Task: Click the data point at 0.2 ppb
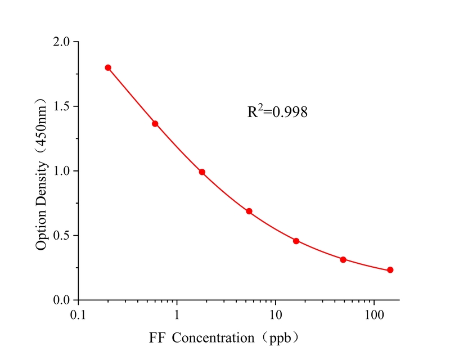tap(108, 67)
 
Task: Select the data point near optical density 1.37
tap(155, 124)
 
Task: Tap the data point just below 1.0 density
tap(202, 172)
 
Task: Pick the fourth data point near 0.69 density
tap(249, 211)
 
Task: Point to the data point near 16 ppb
tap(296, 241)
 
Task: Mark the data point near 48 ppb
tap(343, 259)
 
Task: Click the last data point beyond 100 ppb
tap(390, 270)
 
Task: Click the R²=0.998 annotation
tap(277, 112)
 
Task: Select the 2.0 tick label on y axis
tap(62, 42)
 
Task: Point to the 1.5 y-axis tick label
tap(62, 106)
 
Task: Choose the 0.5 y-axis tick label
tap(62, 236)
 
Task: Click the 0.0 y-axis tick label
tap(62, 300)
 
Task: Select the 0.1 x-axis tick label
tap(79, 313)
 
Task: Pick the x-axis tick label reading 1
tap(177, 313)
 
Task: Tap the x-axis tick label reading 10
tap(276, 313)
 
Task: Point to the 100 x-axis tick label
tap(374, 313)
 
